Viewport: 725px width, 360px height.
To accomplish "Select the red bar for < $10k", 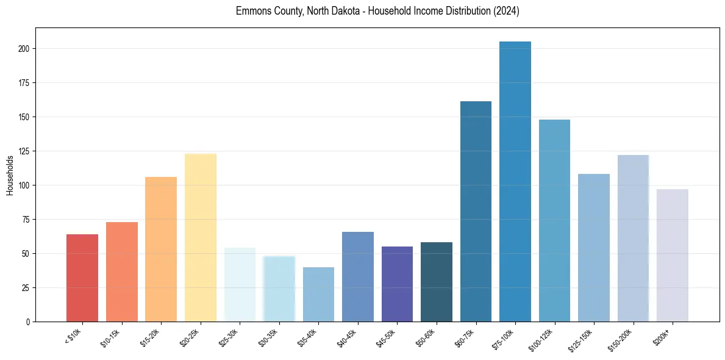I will coord(82,278).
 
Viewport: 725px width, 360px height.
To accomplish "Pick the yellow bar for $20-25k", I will coord(201,237).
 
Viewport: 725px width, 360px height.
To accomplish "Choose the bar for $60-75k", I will coord(476,211).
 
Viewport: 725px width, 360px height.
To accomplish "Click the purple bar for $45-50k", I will coord(397,284).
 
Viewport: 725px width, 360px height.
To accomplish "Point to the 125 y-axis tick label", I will coord(24,151).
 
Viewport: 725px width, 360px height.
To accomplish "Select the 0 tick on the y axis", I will coord(28,322).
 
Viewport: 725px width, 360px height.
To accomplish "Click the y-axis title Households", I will coord(10,175).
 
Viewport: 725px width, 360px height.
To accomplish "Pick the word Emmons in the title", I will coord(250,11).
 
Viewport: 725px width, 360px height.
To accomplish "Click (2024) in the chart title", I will coord(505,11).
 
